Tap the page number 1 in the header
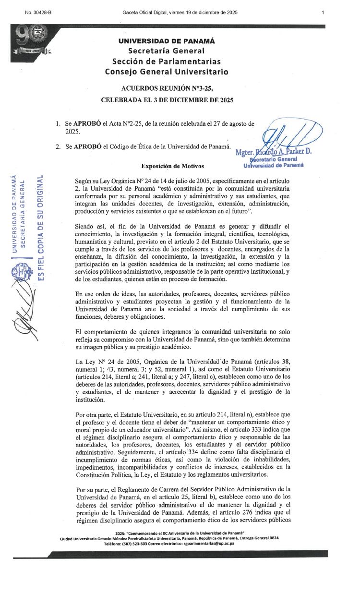click(323, 12)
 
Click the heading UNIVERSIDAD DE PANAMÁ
click(167, 41)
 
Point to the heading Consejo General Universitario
click(167, 72)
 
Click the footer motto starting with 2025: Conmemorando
click(180, 533)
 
